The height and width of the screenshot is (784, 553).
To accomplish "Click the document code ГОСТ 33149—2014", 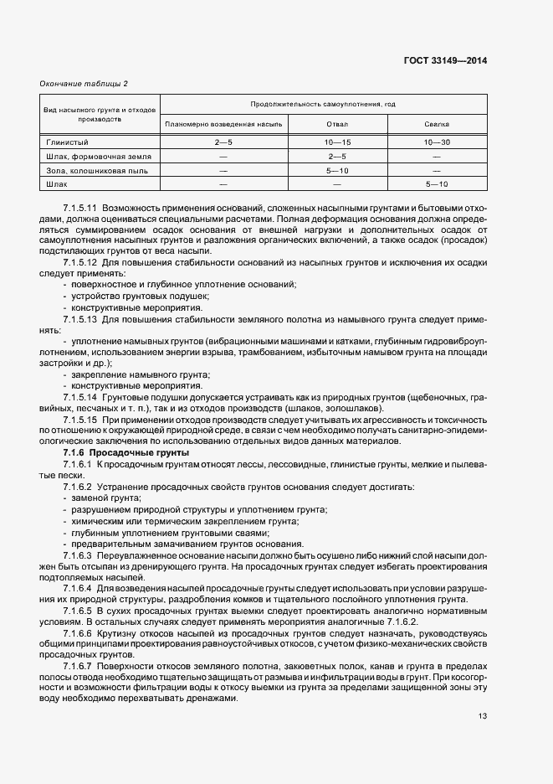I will pyautogui.click(x=445, y=60).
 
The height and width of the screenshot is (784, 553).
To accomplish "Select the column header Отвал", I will pyautogui.click(x=337, y=124).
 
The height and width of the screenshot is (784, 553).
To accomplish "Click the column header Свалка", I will pyautogui.click(x=438, y=124).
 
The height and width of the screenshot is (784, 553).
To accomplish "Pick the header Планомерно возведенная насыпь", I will pyautogui.click(x=224, y=124).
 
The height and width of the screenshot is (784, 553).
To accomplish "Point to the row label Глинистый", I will pyautogui.click(x=65, y=142).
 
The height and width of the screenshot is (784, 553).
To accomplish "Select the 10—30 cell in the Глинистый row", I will pyautogui.click(x=438, y=142).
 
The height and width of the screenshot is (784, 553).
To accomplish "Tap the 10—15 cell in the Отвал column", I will pyautogui.click(x=337, y=142).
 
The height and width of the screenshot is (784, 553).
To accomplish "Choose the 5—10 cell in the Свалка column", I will pyautogui.click(x=438, y=183).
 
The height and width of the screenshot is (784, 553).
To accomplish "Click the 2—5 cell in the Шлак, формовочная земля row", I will pyautogui.click(x=337, y=156).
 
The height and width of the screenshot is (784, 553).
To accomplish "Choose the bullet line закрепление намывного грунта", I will pyautogui.click(x=139, y=374).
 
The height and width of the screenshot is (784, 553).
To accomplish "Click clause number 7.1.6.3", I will pyautogui.click(x=78, y=554).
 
